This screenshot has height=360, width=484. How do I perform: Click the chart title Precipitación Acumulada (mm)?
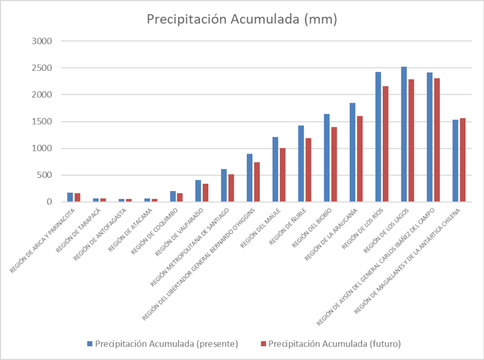click(x=242, y=19)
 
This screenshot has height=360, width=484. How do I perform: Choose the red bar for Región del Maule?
click(x=283, y=175)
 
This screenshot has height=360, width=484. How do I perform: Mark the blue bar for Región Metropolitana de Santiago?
click(x=223, y=185)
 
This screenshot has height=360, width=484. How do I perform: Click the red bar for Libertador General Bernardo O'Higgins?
click(x=257, y=182)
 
